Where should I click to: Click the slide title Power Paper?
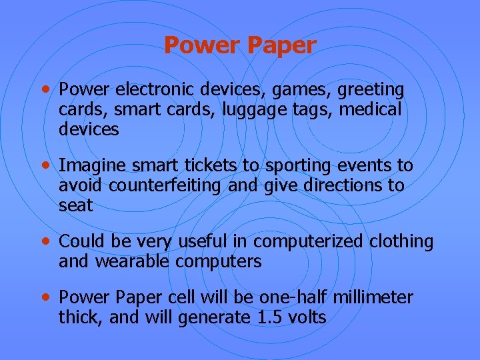[240, 45]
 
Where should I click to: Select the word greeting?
[371, 89]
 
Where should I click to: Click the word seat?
[76, 206]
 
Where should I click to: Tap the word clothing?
[401, 241]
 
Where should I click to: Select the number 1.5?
[270, 317]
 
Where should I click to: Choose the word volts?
[307, 317]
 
